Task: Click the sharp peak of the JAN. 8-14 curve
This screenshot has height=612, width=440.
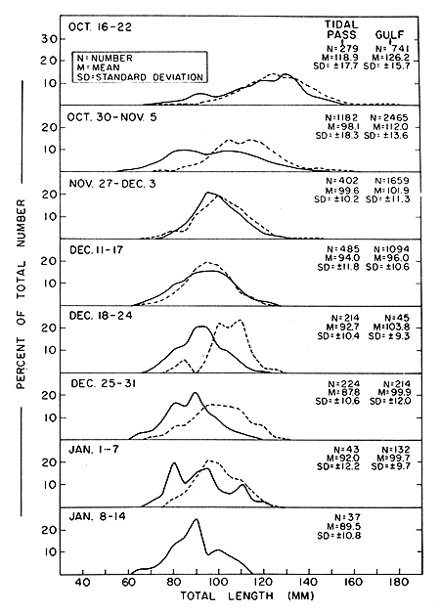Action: pos(197,520)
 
